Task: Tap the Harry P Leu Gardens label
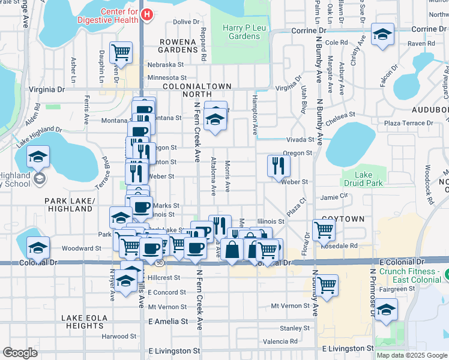(x=241, y=32)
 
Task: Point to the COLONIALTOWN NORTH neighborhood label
(x=194, y=90)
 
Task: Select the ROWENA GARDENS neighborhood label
(x=178, y=45)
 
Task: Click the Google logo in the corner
(x=20, y=353)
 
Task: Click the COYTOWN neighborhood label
(x=343, y=219)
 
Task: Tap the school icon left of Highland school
(x=38, y=158)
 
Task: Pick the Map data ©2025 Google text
(x=411, y=355)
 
